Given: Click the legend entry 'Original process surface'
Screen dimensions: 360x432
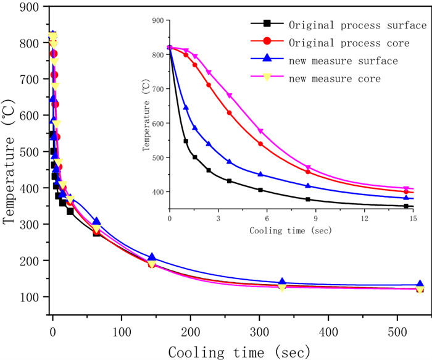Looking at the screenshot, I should pyautogui.click(x=357, y=25).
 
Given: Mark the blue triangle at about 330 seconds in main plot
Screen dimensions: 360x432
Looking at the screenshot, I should pyautogui.click(x=283, y=283).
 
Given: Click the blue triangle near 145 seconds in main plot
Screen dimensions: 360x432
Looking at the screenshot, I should pyautogui.click(x=152, y=257).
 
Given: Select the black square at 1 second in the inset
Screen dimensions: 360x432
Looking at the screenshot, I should pyautogui.click(x=186, y=141).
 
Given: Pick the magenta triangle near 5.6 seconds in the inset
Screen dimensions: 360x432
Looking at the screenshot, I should pyautogui.click(x=260, y=131).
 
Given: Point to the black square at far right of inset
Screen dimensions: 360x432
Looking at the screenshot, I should pyautogui.click(x=406, y=206).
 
